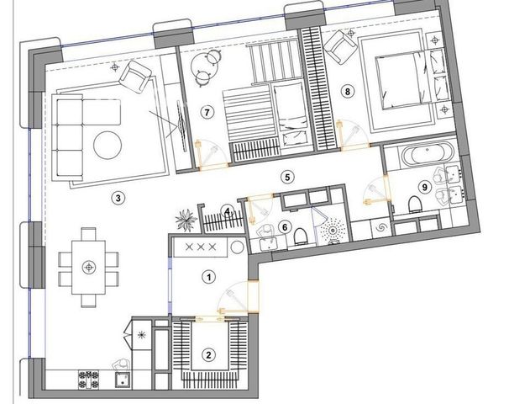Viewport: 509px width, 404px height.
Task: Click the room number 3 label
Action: click(118, 198)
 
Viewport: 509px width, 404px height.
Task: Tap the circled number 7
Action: click(207, 113)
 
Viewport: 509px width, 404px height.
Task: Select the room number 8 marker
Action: click(348, 92)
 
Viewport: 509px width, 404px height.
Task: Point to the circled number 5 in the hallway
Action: click(287, 177)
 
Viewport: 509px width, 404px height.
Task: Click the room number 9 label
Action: click(425, 187)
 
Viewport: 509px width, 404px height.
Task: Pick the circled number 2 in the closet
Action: click(208, 354)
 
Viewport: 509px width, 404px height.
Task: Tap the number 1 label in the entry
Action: click(209, 277)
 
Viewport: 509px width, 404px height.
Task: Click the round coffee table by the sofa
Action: click(108, 145)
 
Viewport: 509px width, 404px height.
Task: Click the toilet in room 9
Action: click(415, 205)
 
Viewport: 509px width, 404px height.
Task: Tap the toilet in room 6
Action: click(300, 236)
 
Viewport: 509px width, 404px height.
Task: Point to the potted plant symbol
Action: click(186, 221)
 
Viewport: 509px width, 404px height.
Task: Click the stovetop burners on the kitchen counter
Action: click(88, 380)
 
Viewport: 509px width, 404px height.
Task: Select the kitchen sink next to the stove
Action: click(123, 380)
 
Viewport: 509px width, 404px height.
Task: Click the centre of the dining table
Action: click(88, 268)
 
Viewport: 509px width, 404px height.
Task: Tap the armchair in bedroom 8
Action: click(340, 47)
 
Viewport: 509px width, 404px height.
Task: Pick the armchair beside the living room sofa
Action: click(135, 77)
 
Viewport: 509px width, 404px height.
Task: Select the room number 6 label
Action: click(285, 227)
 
